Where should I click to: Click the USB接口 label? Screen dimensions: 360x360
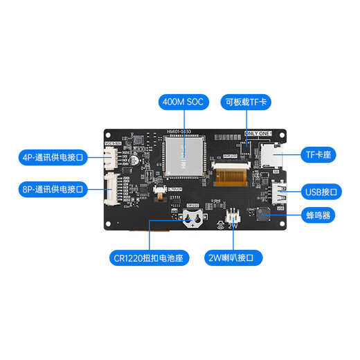click(x=319, y=190)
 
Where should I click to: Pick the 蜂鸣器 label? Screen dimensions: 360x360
click(x=319, y=215)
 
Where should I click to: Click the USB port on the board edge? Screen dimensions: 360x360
click(x=279, y=192)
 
